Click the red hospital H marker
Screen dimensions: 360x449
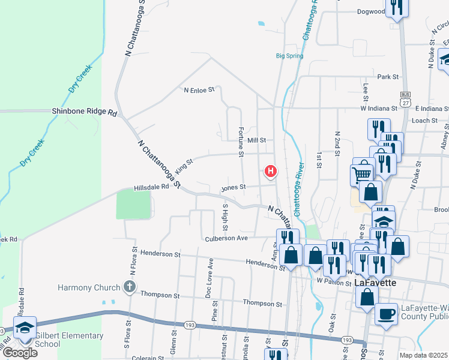[x=271, y=172]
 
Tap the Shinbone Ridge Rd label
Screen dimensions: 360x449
[x=83, y=111]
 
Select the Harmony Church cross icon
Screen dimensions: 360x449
[x=128, y=287]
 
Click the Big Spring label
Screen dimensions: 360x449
[x=289, y=56]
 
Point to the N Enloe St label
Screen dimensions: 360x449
[x=199, y=90]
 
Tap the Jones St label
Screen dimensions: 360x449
[x=234, y=187]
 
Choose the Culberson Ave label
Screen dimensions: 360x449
[x=227, y=238]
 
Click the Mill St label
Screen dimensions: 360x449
[x=256, y=140]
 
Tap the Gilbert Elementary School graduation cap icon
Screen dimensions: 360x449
[x=25, y=328]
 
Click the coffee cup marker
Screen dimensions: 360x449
[x=386, y=313]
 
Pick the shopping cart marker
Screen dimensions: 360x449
[x=362, y=174]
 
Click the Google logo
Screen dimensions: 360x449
[x=20, y=352]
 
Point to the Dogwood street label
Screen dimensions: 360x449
[x=370, y=11]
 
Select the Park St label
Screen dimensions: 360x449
[x=388, y=77]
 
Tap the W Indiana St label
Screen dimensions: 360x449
[x=379, y=109]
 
